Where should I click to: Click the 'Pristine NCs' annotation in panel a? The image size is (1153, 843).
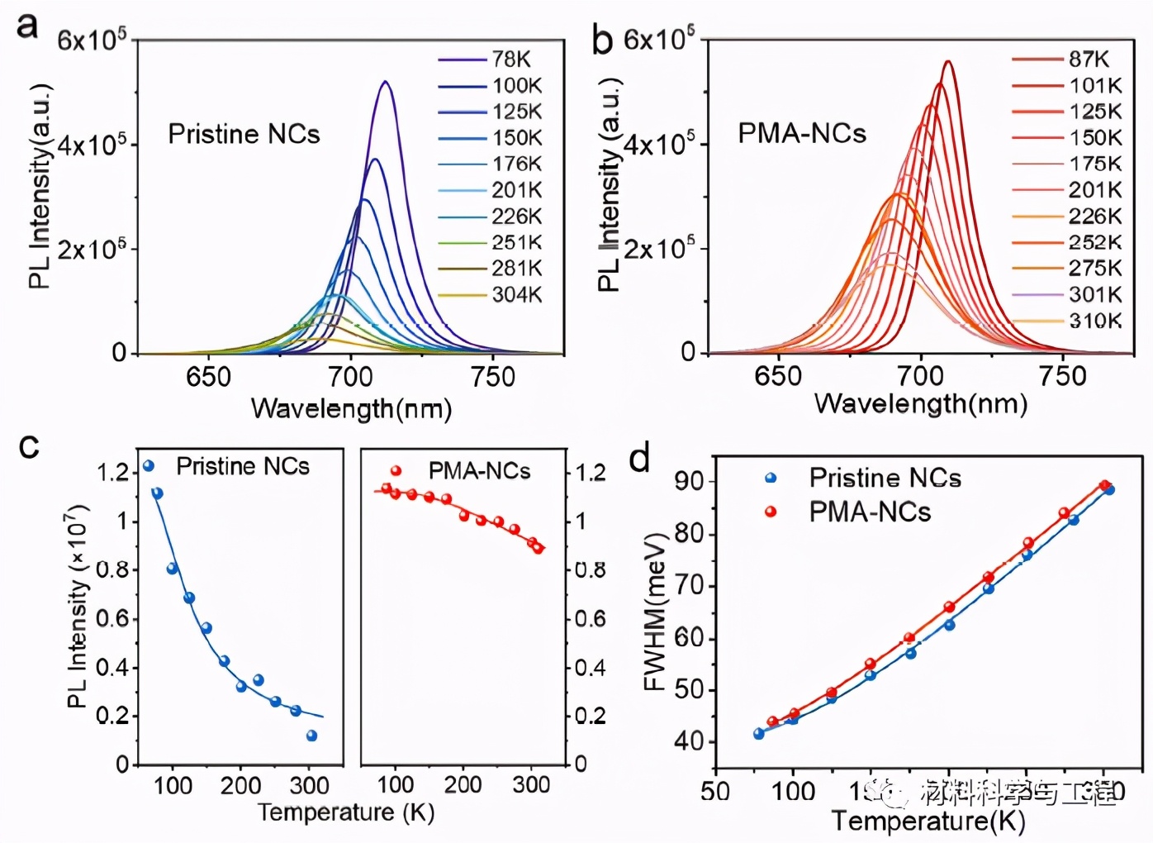(244, 134)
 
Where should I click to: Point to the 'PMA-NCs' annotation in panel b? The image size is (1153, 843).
(801, 133)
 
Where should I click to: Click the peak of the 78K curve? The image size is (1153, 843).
(385, 82)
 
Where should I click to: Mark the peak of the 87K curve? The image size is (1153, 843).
(947, 62)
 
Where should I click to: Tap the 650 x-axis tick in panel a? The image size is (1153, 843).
(208, 377)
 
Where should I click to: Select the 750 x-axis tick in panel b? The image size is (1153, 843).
(1062, 376)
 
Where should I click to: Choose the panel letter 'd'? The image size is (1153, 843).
(639, 457)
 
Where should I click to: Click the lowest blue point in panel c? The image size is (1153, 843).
(311, 736)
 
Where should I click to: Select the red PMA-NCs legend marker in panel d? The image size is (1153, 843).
(771, 512)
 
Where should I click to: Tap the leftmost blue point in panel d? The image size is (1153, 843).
(758, 733)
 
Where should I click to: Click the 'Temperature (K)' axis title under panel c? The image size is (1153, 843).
(345, 812)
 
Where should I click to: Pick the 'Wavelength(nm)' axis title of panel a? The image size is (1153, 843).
(351, 408)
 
